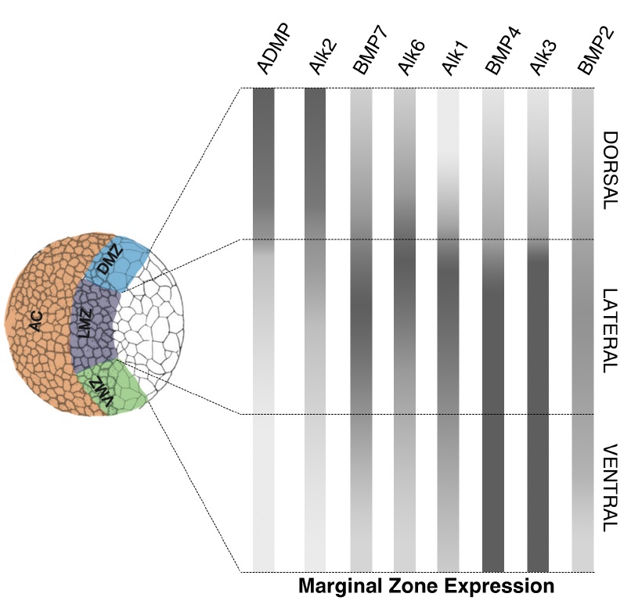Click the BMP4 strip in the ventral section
493,493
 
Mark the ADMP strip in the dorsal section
264,164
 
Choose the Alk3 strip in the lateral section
538,327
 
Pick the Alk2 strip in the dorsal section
315,164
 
